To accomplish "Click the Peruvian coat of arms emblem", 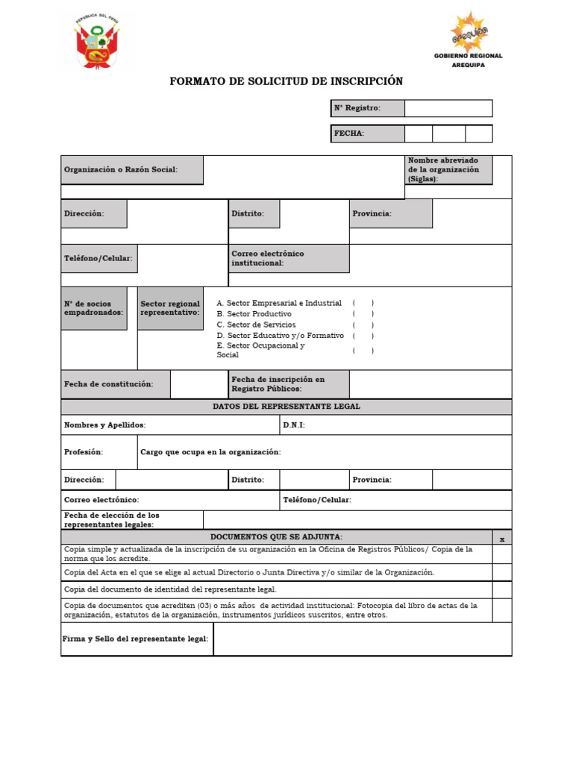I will (x=97, y=43).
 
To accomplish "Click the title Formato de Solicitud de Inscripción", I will (x=286, y=81).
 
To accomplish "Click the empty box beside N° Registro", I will (x=448, y=108).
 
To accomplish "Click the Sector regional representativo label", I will (x=170, y=308).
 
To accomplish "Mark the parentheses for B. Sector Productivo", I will (x=363, y=314).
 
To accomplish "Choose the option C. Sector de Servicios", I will (x=256, y=325).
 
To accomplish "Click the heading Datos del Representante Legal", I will (x=286, y=407).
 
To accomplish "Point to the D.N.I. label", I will (x=294, y=425).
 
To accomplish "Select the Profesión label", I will (x=84, y=452).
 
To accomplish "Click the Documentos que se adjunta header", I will (x=277, y=536).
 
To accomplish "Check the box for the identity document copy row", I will (x=502, y=589).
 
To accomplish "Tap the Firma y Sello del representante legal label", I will (x=137, y=639).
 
